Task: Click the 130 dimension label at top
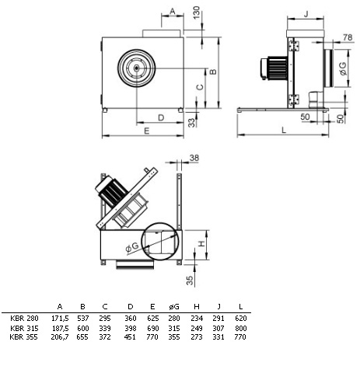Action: click(x=197, y=12)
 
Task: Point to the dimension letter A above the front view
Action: click(x=173, y=11)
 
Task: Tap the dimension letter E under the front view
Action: click(x=147, y=131)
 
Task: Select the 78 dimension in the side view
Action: click(x=348, y=37)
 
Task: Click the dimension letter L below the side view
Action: click(x=284, y=130)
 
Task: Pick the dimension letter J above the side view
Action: click(x=306, y=14)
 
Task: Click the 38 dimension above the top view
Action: click(x=194, y=158)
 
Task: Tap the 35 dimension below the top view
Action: click(x=190, y=280)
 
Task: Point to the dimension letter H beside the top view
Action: click(x=201, y=244)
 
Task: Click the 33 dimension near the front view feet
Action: click(x=191, y=123)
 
